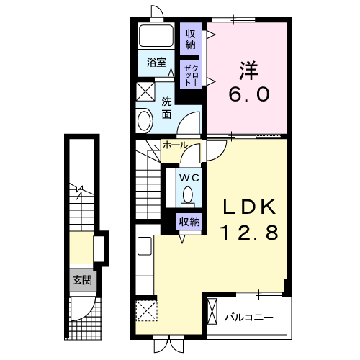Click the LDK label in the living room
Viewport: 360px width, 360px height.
click(x=249, y=207)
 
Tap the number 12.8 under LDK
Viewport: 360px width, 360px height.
click(x=249, y=233)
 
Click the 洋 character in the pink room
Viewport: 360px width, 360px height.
click(x=249, y=71)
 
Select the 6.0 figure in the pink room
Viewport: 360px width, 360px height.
click(x=249, y=94)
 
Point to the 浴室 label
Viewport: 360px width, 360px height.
click(x=156, y=63)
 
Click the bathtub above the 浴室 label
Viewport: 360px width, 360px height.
click(x=156, y=35)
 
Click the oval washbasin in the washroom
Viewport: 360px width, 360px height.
click(x=145, y=121)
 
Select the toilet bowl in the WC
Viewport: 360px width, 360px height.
click(x=188, y=195)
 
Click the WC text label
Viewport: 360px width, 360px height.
click(x=189, y=178)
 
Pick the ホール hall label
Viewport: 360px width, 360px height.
click(x=175, y=145)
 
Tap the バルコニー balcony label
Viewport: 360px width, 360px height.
click(x=249, y=318)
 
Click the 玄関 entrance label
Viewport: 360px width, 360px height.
click(x=83, y=280)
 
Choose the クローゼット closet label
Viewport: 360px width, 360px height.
click(x=192, y=75)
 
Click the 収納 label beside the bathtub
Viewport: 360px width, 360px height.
click(x=191, y=39)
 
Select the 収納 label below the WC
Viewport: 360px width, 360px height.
click(x=190, y=222)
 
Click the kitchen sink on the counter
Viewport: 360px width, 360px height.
click(x=145, y=246)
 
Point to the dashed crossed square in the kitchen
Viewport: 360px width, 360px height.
click(x=147, y=310)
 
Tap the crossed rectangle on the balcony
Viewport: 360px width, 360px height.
click(x=212, y=311)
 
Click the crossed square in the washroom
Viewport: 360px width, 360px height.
click(x=145, y=91)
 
